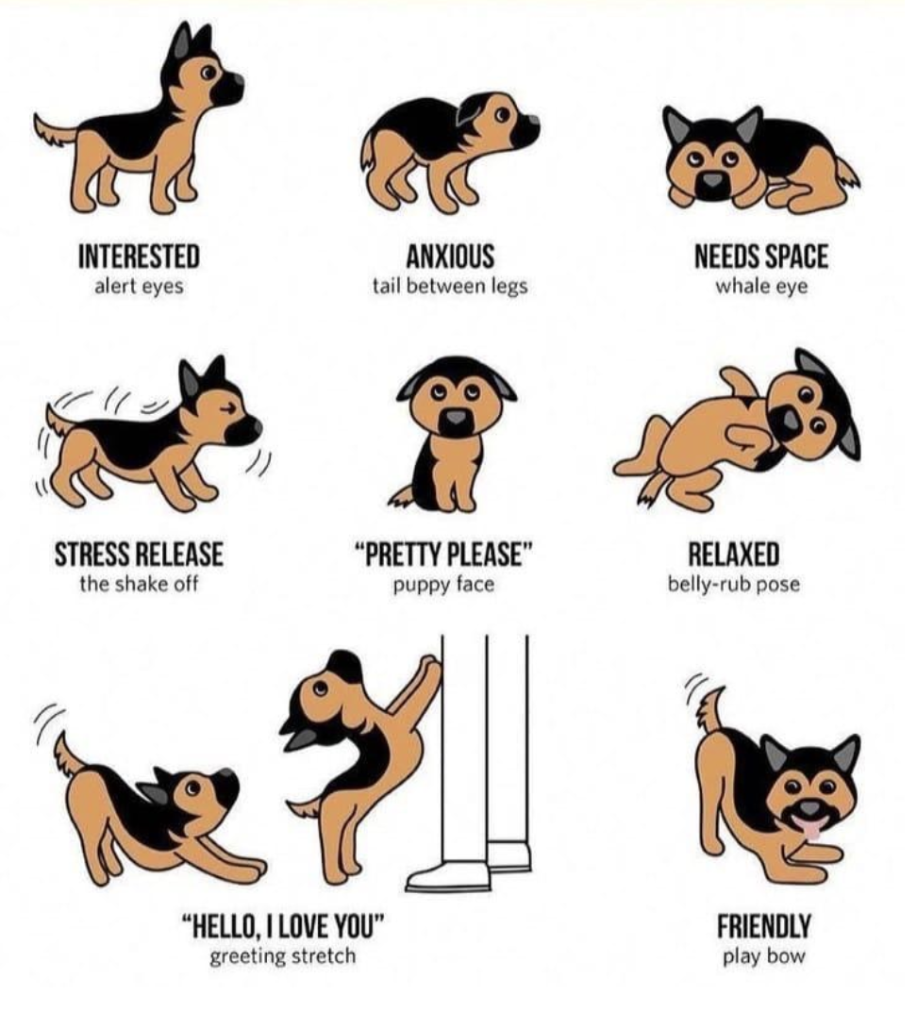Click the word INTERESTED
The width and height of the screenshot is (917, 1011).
(x=139, y=257)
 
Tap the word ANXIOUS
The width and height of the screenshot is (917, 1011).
(x=450, y=257)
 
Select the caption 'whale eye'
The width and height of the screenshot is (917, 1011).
(x=760, y=286)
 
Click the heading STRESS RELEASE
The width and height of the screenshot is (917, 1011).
(x=139, y=555)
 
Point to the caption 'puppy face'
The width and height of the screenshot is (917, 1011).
(x=443, y=584)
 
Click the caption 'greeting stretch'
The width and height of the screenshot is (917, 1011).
(x=283, y=956)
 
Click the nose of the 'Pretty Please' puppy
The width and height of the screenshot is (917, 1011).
(x=457, y=423)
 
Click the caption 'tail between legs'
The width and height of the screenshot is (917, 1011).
(x=450, y=286)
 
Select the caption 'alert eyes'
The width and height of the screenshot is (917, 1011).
(x=139, y=286)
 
